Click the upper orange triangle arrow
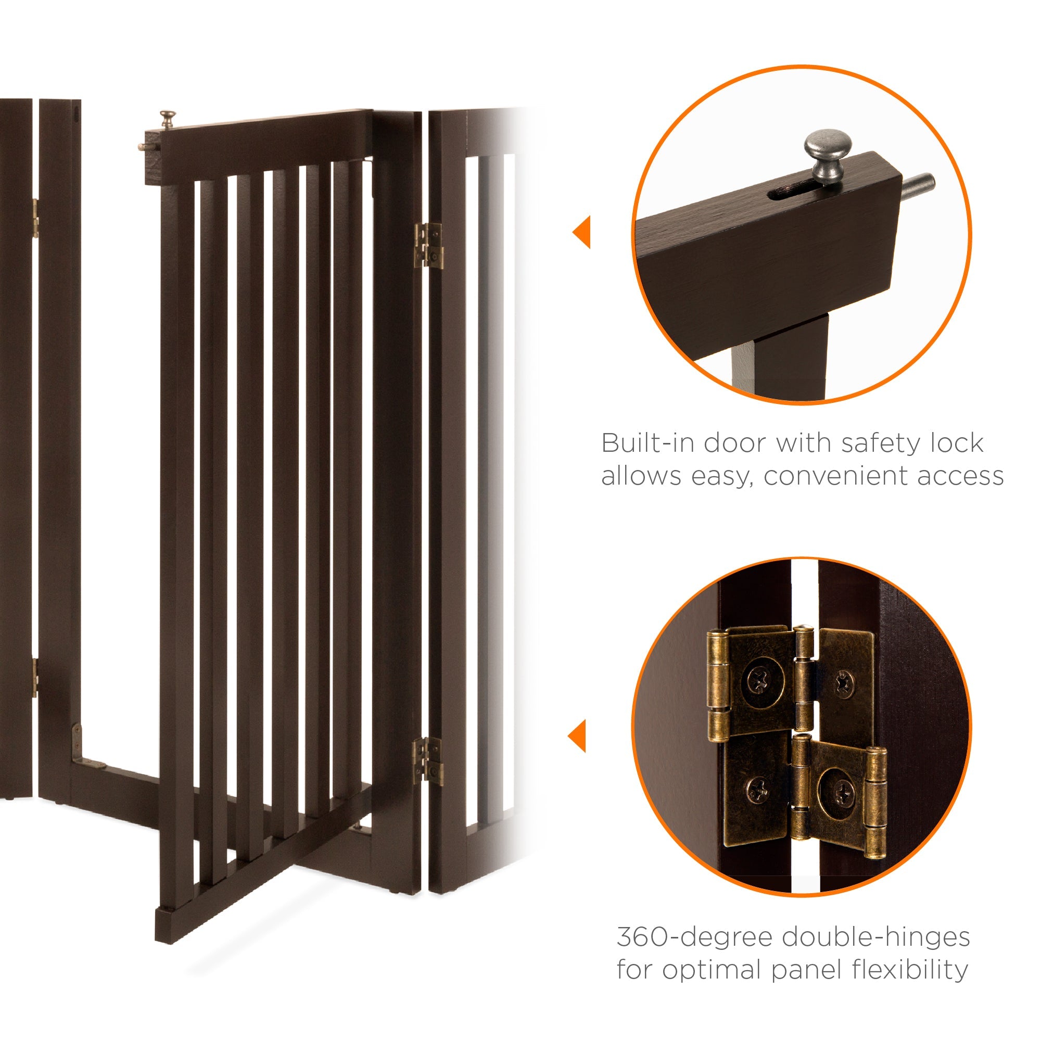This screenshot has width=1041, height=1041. (582, 232)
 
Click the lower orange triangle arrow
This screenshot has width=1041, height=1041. (578, 736)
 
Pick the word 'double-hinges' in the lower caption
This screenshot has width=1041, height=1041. (875, 938)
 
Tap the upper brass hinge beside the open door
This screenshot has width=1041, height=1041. (428, 245)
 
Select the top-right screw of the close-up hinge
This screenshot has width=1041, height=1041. (844, 684)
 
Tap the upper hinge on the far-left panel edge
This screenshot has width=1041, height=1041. (34, 218)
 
